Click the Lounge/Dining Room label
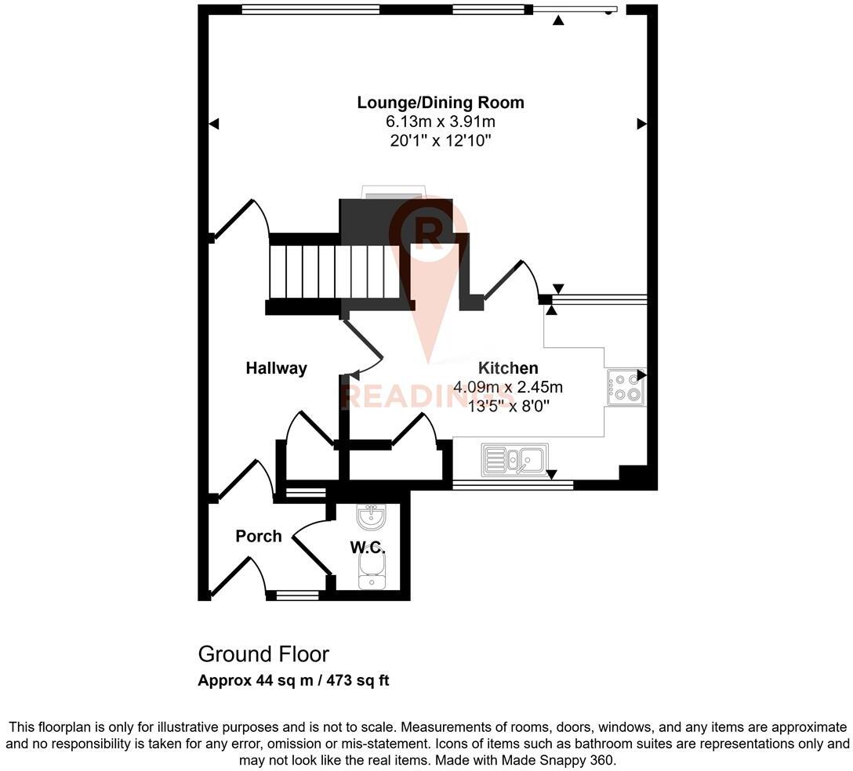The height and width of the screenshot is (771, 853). pos(441,103)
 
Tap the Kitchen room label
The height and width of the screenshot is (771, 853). pos(508,368)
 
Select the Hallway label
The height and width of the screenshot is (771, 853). pos(276,368)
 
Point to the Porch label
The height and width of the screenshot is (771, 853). pos(259,536)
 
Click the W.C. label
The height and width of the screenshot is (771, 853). pos(368,546)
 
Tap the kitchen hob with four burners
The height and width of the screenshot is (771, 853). pos(626,387)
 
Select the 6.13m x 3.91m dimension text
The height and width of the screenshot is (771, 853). pos(441,121)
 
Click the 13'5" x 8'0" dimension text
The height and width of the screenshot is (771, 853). pos(508,406)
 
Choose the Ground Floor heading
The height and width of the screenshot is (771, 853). pos(263,654)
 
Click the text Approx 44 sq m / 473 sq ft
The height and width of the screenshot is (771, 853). pos(293,681)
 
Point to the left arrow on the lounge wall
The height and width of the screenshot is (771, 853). pos(214,124)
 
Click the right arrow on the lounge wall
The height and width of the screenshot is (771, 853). pos(641,124)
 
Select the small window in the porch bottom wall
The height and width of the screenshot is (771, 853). pos(297,596)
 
